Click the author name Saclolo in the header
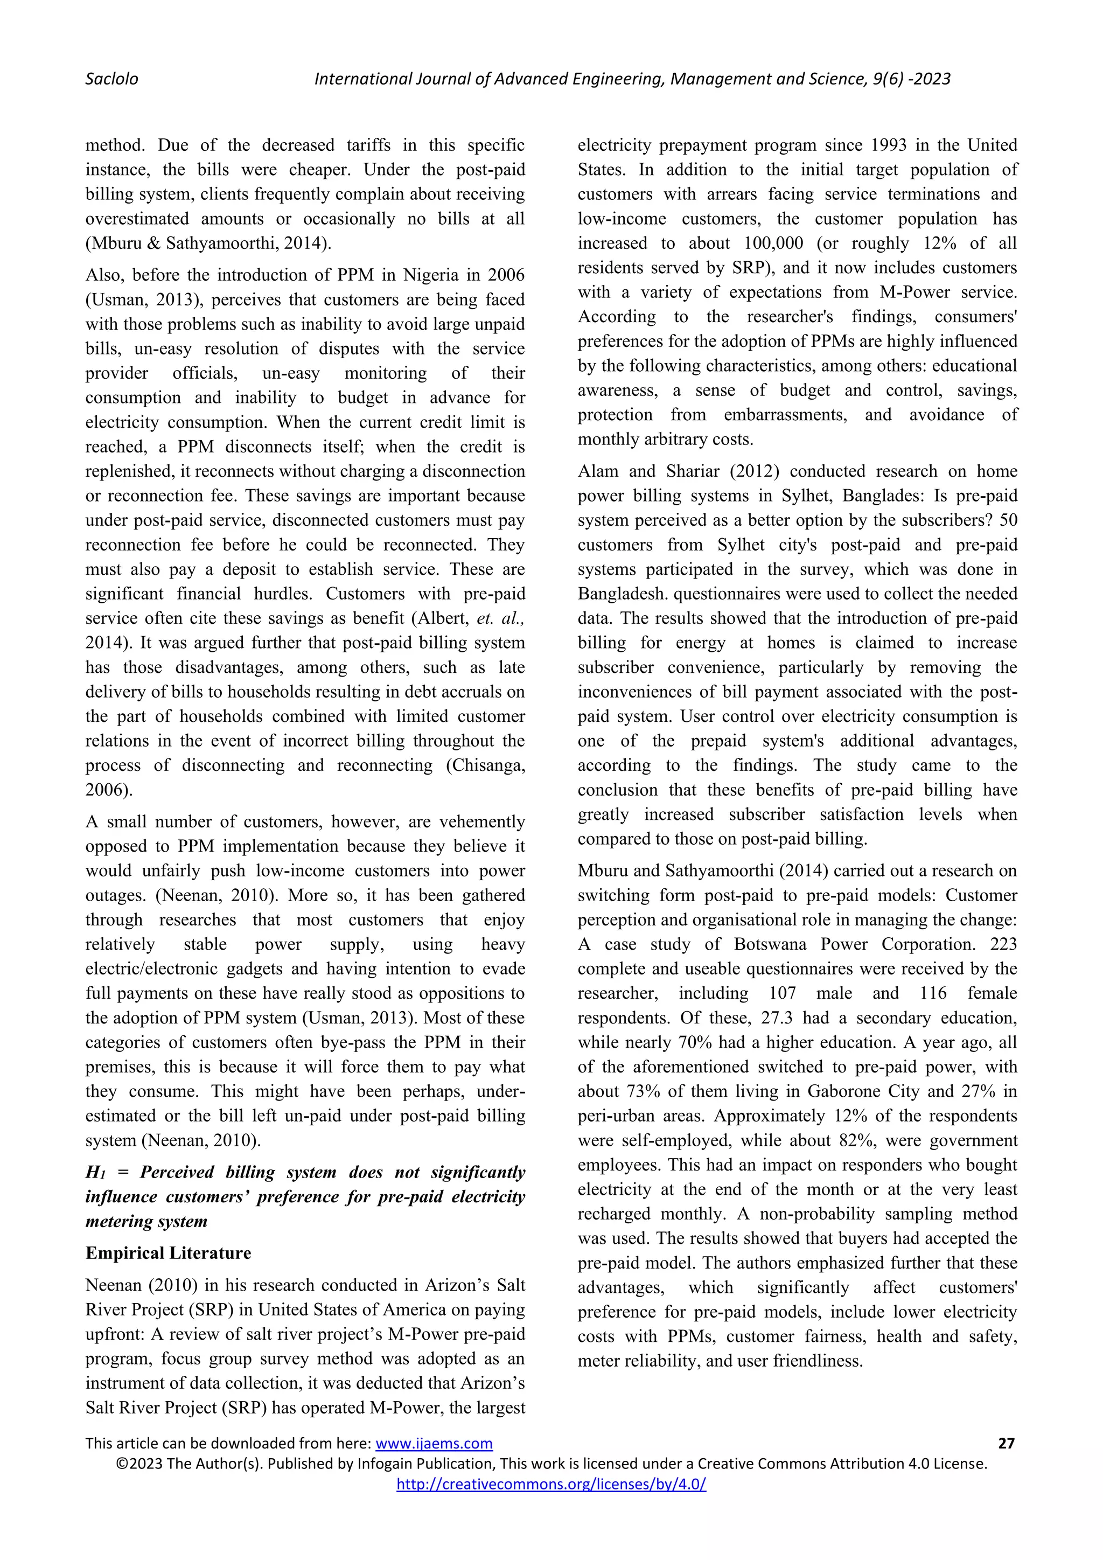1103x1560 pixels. click(x=111, y=79)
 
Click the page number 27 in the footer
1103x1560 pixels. click(x=1006, y=1443)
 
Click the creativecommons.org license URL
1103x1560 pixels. click(x=551, y=1485)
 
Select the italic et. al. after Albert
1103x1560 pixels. click(x=502, y=618)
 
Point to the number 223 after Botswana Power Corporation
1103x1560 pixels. click(x=1003, y=944)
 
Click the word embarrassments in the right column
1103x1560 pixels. click(x=785, y=414)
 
